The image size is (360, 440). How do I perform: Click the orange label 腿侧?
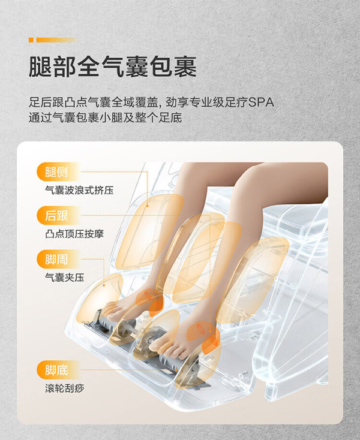57,171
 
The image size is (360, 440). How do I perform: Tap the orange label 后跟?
57,216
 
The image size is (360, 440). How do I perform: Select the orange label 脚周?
57,259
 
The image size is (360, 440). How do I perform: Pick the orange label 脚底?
57,370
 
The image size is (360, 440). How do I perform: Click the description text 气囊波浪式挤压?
79,190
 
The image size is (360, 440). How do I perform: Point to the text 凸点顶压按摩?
74,234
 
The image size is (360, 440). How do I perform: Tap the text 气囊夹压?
65,278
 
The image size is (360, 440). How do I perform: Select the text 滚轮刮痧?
65,388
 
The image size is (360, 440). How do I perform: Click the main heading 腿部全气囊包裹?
113,67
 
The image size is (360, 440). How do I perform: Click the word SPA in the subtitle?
261,102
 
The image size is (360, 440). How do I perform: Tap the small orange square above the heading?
31,40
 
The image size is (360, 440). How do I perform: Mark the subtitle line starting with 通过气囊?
106,117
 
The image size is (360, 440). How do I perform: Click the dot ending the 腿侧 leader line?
147,206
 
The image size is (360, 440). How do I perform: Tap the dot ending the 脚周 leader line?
104,285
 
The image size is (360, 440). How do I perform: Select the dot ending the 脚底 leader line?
176,370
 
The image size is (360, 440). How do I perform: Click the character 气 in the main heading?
113,67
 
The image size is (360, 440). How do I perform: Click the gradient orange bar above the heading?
56,40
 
